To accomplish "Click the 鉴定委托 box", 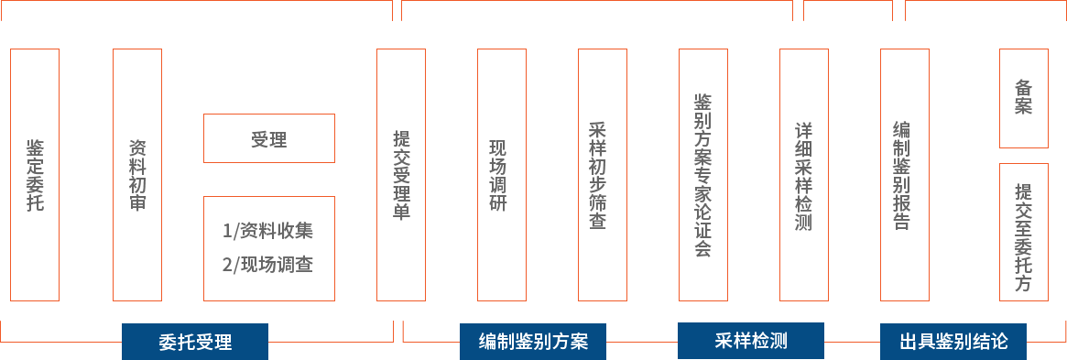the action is pos(35,175).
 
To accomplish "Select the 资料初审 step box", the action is pos(137,175).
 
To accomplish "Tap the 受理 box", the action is pos(268,138).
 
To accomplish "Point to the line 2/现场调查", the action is pos(268,264).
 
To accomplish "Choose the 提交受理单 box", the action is pos(401,175).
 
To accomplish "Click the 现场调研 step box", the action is pos(502,175).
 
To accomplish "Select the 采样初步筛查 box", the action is pos(603,175).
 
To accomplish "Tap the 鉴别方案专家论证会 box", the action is pos(703,175).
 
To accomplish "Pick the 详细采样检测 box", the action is pos(803,175).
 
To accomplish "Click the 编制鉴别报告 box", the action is pos(904,175).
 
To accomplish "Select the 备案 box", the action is pos(1023,98).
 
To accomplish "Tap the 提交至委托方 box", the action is pos(1023,232).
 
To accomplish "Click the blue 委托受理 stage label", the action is pos(195,341).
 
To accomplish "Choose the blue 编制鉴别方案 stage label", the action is pos(533,341).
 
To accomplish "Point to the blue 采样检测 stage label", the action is pos(751,340).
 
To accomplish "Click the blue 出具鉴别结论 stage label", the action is pos(953,341).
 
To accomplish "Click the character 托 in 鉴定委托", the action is pos(35,202).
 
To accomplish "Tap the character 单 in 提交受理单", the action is pos(401,211).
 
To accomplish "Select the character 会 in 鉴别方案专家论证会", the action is pos(703,248).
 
